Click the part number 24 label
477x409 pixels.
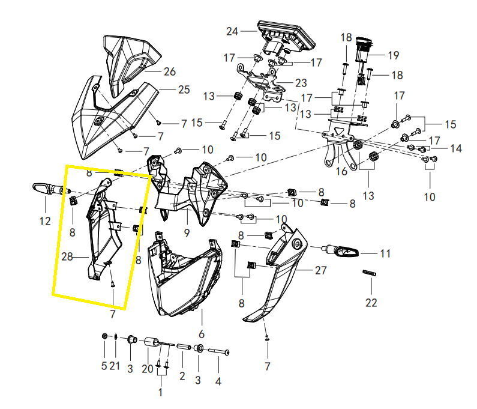(x=232, y=31)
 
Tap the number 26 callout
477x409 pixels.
(x=169, y=72)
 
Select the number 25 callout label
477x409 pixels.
(x=184, y=90)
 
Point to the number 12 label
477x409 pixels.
(x=45, y=221)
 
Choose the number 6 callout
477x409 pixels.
(x=202, y=333)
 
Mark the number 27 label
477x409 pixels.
(x=321, y=270)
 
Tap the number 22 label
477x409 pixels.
(x=371, y=303)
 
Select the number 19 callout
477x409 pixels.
(x=393, y=55)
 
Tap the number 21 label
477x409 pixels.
(x=115, y=366)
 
